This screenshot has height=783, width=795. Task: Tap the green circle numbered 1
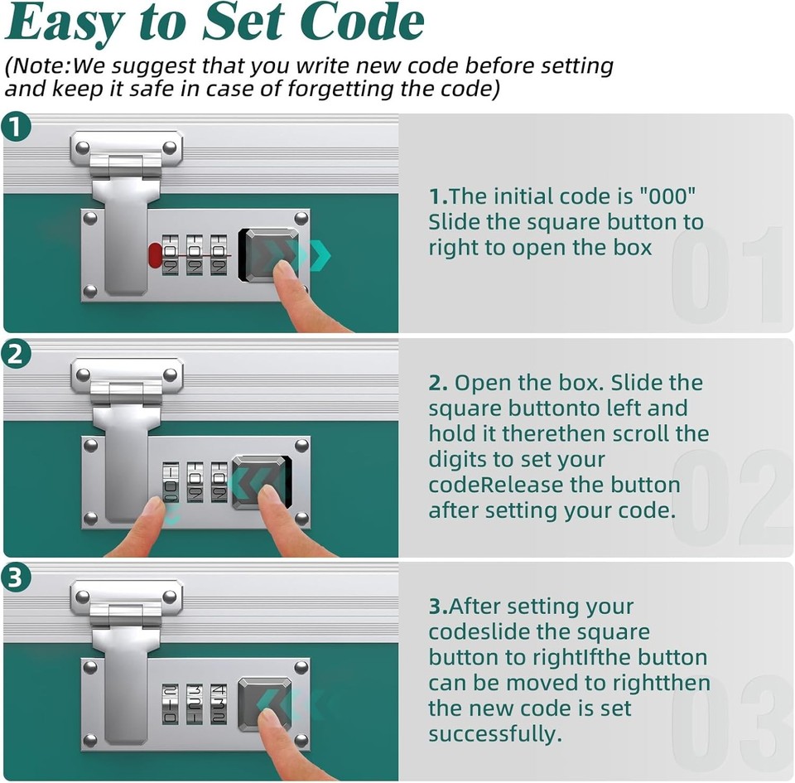pyautogui.click(x=17, y=127)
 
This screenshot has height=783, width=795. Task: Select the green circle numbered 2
pyautogui.click(x=17, y=354)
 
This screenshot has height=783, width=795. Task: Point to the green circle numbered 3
pyautogui.click(x=17, y=578)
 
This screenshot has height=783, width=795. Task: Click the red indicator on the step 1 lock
pyautogui.click(x=155, y=254)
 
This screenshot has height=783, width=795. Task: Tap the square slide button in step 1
pyautogui.click(x=268, y=255)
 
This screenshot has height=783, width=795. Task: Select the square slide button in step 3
pyautogui.click(x=265, y=704)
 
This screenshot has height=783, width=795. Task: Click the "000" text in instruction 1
pyautogui.click(x=667, y=196)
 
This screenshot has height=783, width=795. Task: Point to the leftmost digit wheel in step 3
pyautogui.click(x=170, y=703)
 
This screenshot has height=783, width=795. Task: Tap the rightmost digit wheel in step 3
pyautogui.click(x=219, y=703)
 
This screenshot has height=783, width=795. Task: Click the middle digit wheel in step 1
pyautogui.click(x=194, y=254)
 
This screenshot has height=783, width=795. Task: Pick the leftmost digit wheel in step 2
pyautogui.click(x=171, y=481)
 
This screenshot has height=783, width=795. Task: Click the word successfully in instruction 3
pyautogui.click(x=495, y=734)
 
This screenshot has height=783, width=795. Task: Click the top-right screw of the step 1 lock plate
pyautogui.click(x=301, y=219)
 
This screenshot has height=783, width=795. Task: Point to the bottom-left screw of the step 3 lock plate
pyautogui.click(x=90, y=741)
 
